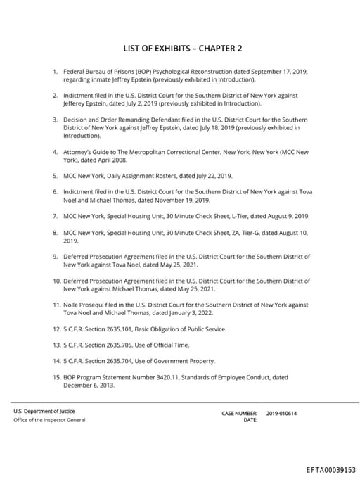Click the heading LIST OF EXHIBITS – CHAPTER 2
tap(182, 49)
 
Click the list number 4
tap(55, 151)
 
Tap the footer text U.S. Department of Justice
tap(44, 411)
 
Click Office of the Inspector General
tap(49, 420)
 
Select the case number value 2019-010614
tap(281, 413)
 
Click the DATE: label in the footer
tap(250, 420)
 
